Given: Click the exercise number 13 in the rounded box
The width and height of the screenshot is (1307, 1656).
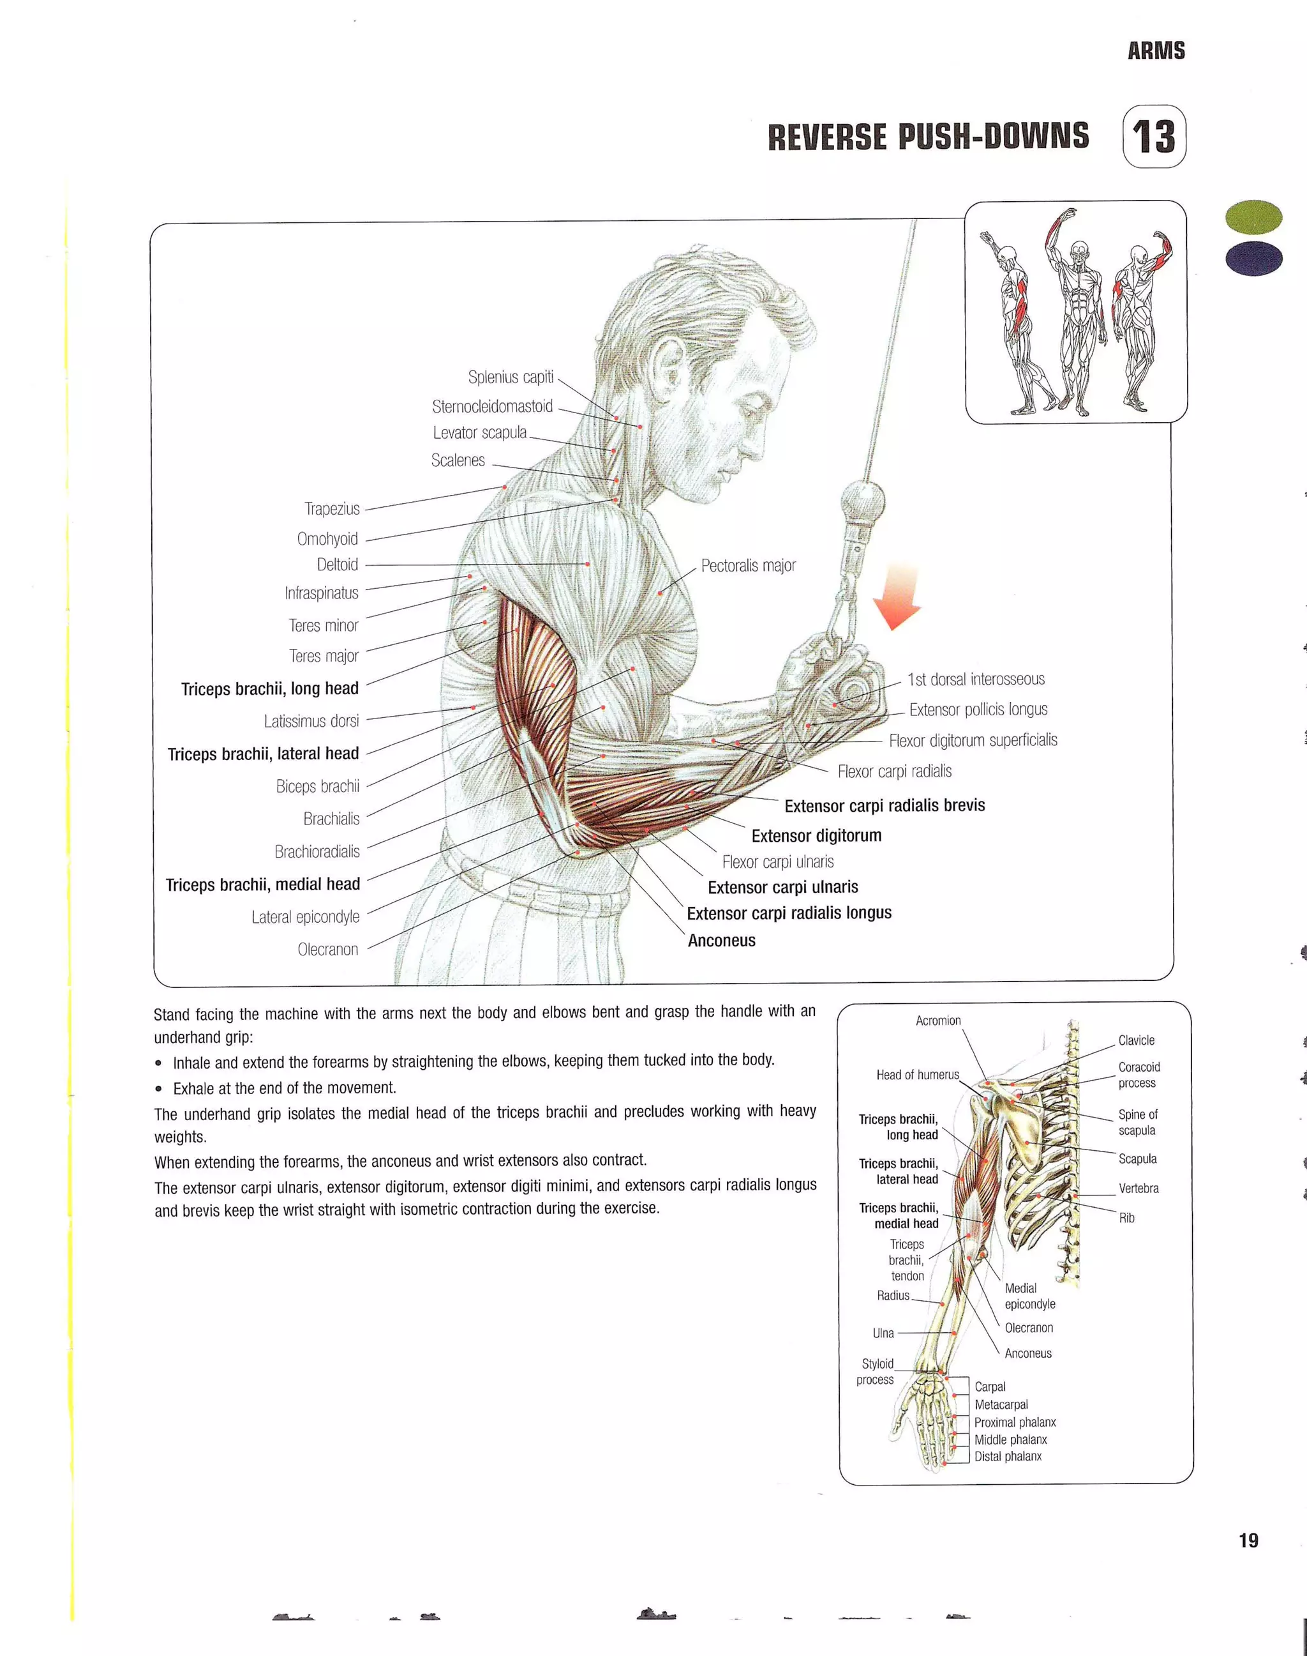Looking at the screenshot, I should (x=1154, y=137).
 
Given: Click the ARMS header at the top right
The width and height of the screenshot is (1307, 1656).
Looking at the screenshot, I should (x=1156, y=51).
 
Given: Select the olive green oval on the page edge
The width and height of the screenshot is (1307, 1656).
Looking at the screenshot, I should (x=1253, y=216).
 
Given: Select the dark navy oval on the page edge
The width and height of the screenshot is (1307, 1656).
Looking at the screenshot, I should (x=1253, y=259).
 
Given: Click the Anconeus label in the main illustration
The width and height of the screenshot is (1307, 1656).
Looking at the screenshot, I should (x=721, y=940).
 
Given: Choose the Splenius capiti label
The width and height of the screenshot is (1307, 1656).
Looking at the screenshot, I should (x=511, y=377).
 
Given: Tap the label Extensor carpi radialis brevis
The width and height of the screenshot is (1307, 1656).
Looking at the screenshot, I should (x=885, y=805).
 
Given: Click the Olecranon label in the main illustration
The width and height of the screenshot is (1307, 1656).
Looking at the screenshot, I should (x=327, y=950).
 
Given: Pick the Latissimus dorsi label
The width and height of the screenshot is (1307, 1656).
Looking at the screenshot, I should (x=311, y=721).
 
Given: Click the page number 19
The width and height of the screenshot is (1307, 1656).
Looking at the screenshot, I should (x=1248, y=1540).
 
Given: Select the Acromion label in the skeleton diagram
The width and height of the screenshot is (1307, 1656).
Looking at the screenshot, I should (x=938, y=1021).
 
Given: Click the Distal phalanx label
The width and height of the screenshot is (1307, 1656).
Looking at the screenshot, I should (x=1007, y=1456).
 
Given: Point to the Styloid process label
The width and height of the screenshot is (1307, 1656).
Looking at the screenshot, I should (x=876, y=1371).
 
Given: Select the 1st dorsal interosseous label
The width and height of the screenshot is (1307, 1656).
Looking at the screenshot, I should (x=976, y=679).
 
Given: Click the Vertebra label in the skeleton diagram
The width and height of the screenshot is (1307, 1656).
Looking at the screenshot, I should (x=1138, y=1189).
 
